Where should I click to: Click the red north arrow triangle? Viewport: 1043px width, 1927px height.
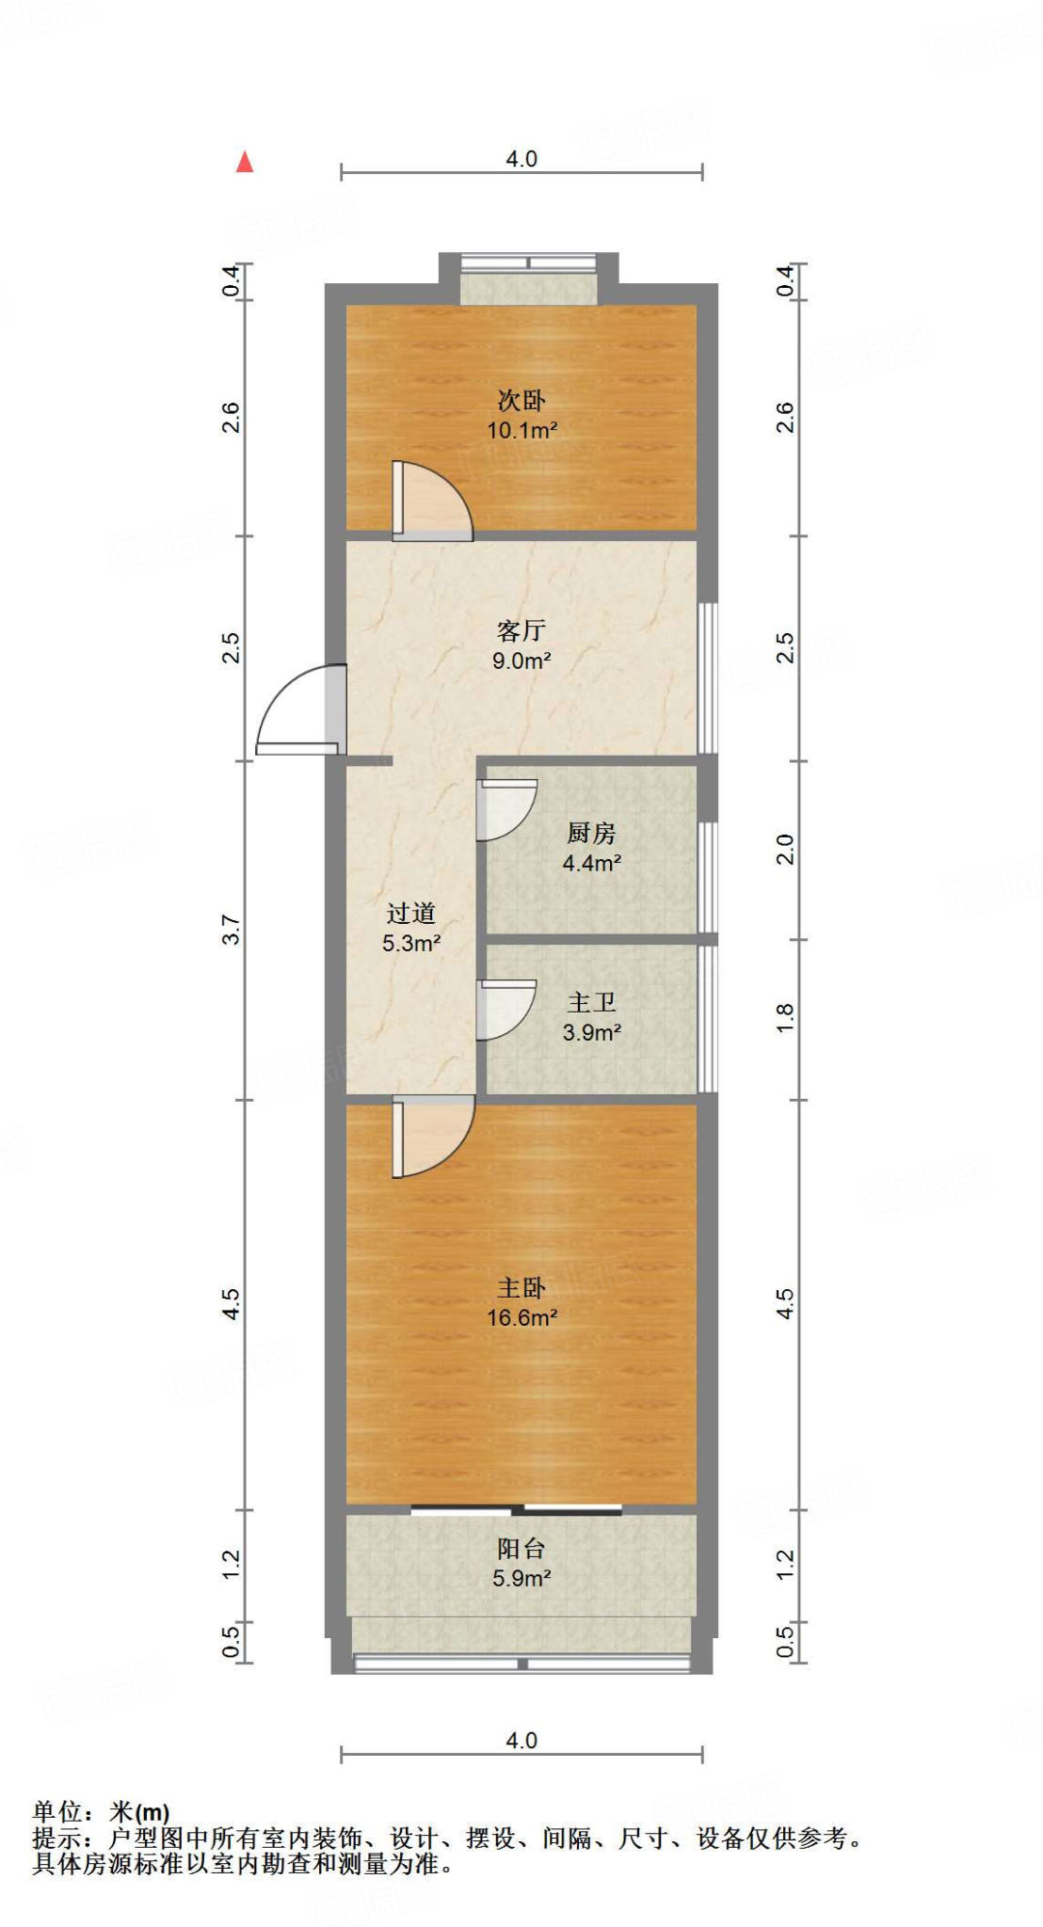245,163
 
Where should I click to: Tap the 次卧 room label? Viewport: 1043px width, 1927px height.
521,401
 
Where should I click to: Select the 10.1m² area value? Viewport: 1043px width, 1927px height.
521,431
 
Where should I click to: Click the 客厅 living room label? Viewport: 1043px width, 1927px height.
521,630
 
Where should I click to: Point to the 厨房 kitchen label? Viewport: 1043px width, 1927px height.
591,833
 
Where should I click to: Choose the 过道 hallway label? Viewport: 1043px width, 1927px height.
410,913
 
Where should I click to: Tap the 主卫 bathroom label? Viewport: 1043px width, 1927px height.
591,1003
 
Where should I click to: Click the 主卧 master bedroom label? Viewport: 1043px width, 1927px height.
521,1288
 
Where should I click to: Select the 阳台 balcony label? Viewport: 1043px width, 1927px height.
521,1549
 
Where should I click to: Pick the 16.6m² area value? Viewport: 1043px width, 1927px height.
521,1318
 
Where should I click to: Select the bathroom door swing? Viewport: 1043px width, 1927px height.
506,1010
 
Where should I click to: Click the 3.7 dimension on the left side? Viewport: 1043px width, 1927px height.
231,931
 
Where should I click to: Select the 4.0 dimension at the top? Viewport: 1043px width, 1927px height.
521,159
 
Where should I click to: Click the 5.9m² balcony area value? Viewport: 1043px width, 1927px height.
521,1579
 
